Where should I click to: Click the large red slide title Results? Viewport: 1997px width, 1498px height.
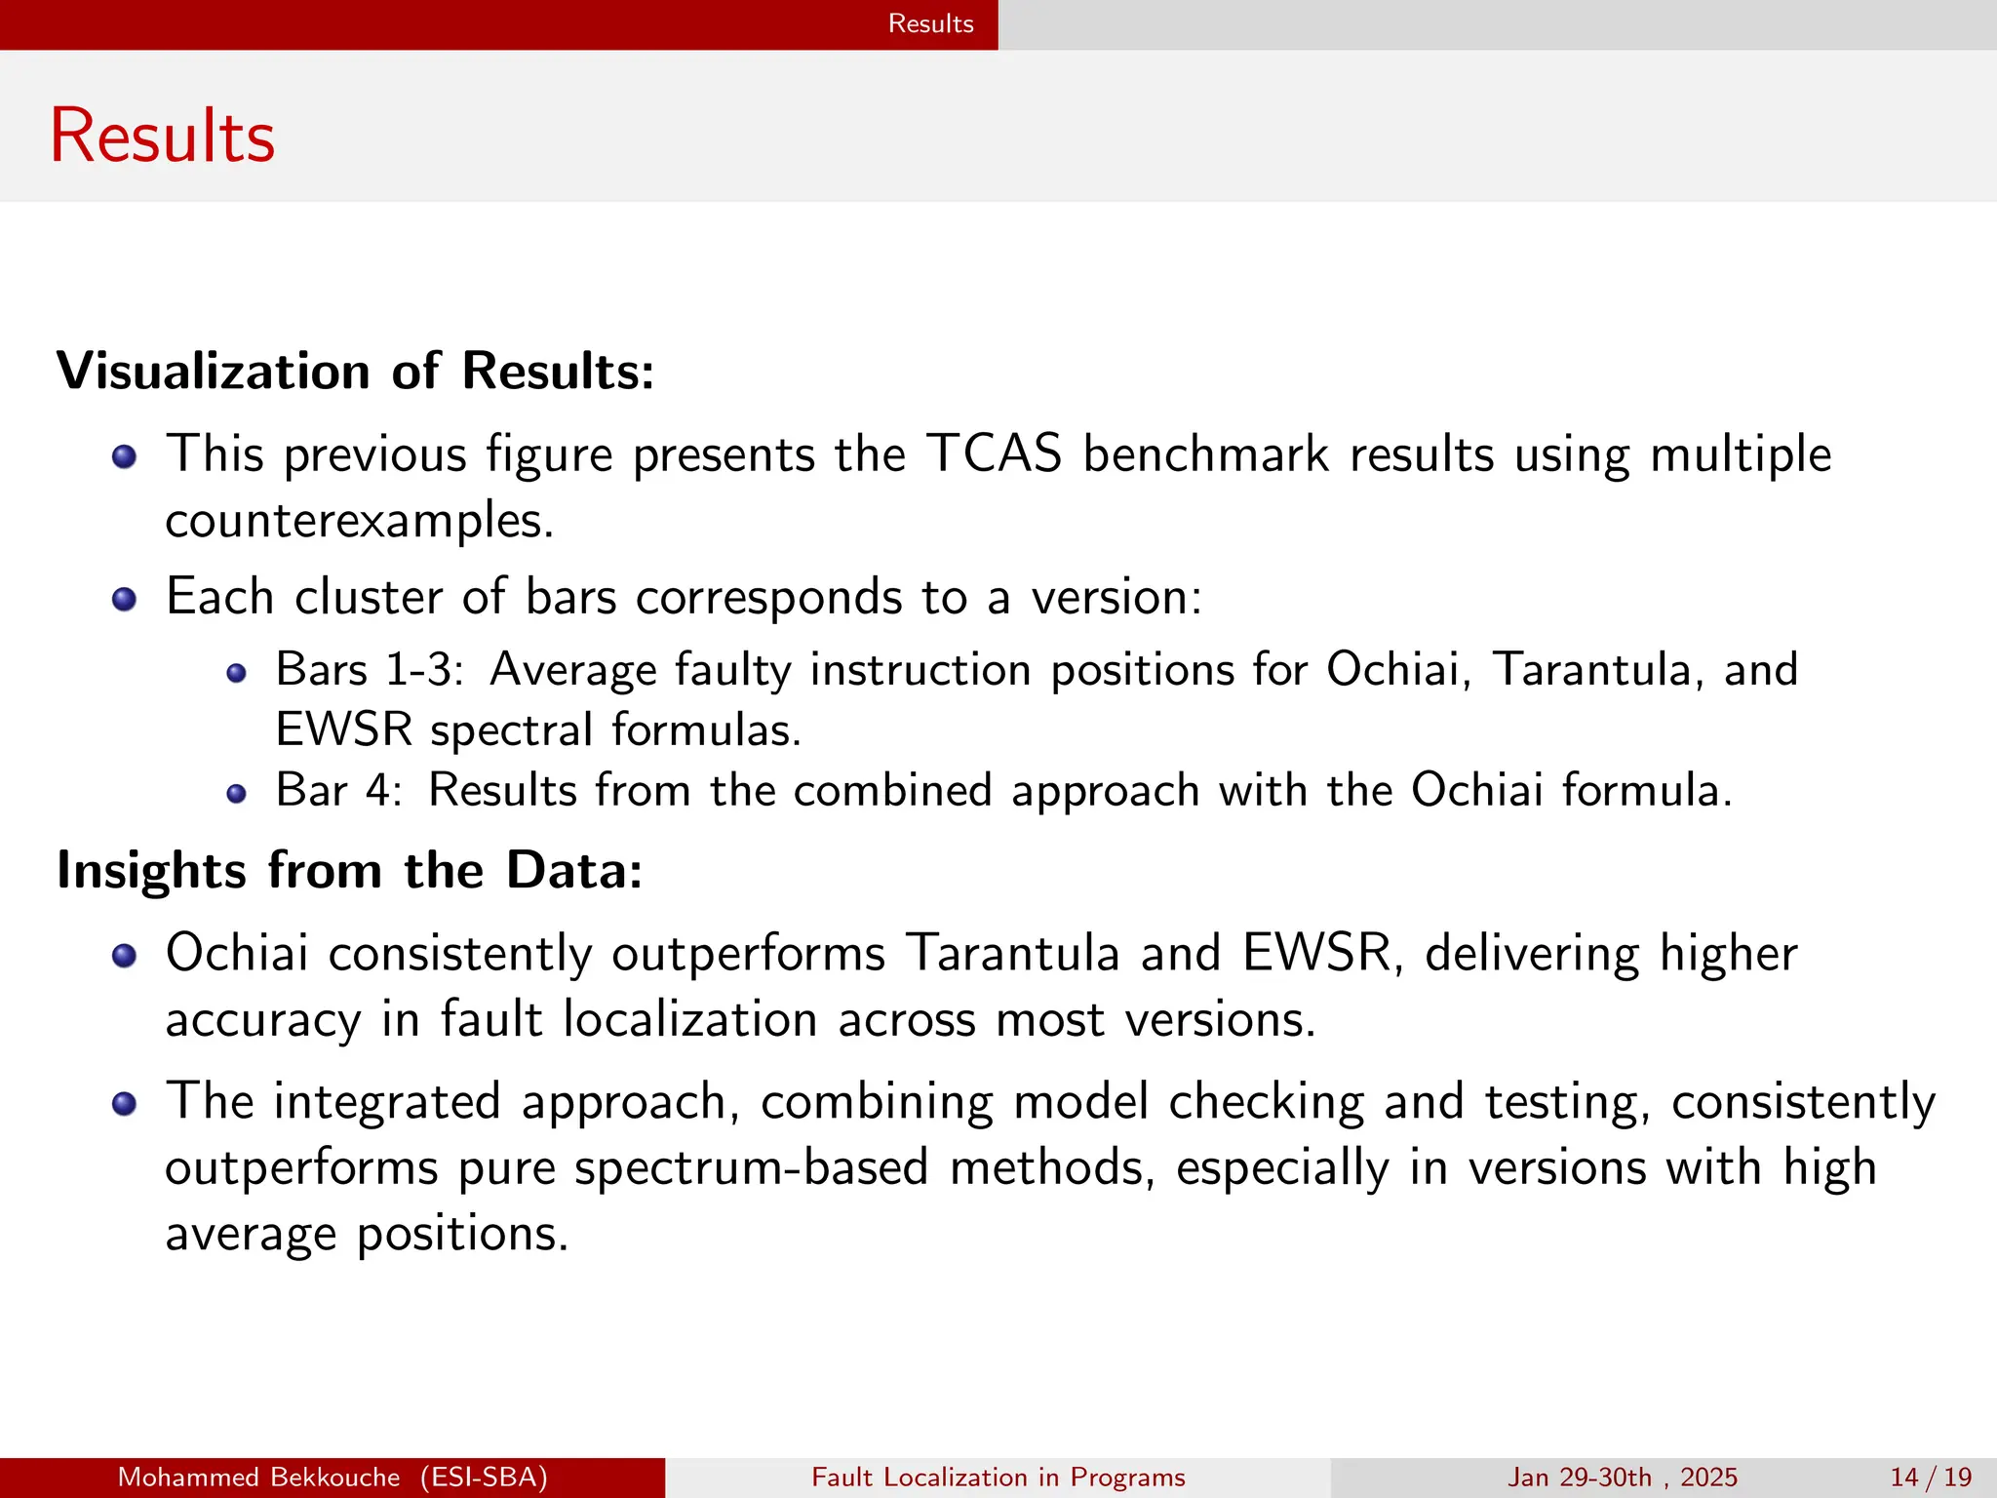click(163, 136)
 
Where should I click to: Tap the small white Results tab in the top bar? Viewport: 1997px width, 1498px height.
click(930, 23)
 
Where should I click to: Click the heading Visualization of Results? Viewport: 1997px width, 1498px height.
click(355, 372)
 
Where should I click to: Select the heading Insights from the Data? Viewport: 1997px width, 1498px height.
click(349, 870)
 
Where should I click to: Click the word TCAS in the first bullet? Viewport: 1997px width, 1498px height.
click(993, 454)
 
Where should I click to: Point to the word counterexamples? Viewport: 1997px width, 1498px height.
click(359, 521)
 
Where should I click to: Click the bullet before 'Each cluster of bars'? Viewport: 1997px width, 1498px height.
click(124, 598)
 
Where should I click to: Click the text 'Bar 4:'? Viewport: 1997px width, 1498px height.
click(338, 790)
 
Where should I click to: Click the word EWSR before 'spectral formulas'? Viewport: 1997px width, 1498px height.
click(343, 730)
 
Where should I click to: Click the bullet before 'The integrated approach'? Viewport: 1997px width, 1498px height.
click(124, 1104)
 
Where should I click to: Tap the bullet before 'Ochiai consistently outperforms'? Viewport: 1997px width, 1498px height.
click(124, 956)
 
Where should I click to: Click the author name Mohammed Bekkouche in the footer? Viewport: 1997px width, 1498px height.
click(258, 1478)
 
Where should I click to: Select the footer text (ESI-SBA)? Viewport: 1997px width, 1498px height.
click(484, 1478)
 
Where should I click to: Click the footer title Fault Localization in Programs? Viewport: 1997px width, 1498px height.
click(998, 1478)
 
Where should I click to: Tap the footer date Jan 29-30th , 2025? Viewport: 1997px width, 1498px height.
click(1622, 1478)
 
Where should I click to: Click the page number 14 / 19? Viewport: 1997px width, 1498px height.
click(1930, 1478)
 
